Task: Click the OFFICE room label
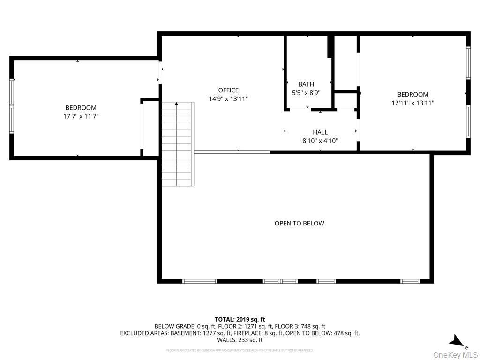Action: click(x=228, y=90)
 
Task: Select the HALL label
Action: click(x=320, y=132)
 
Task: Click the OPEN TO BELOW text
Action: click(x=299, y=224)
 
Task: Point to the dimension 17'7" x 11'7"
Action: click(x=81, y=116)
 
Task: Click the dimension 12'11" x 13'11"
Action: click(x=412, y=103)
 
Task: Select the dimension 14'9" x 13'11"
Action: click(x=228, y=99)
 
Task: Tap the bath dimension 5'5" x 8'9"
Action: click(x=306, y=93)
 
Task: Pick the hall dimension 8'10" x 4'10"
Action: click(x=320, y=141)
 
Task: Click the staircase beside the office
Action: click(x=178, y=143)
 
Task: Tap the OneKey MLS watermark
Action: click(x=456, y=354)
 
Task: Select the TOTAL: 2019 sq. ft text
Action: click(x=240, y=319)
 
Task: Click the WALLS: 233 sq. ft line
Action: click(x=240, y=340)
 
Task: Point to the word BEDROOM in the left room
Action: click(x=81, y=108)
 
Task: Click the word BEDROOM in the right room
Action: click(x=412, y=94)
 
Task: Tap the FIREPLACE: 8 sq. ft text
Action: click(x=266, y=333)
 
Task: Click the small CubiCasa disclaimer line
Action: click(x=240, y=350)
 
